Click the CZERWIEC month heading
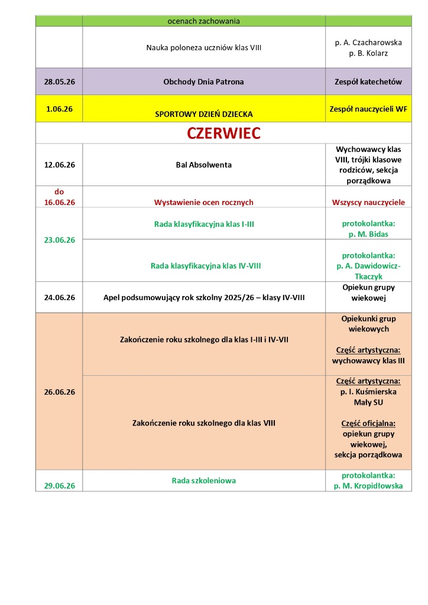point(223,134)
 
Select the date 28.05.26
point(59,82)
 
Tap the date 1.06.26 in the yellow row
point(59,109)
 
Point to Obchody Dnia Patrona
point(203,82)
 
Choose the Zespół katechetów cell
point(368,82)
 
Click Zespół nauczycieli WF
point(368,109)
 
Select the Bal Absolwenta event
point(203,164)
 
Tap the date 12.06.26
point(59,164)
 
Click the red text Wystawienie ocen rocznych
point(203,202)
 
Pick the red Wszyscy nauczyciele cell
point(368,202)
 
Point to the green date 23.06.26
point(59,240)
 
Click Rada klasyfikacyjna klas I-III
point(203,224)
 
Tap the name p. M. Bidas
point(368,235)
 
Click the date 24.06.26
point(59,298)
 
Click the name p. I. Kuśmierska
point(368,392)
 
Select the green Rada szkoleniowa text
point(203,480)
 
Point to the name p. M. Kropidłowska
point(368,486)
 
